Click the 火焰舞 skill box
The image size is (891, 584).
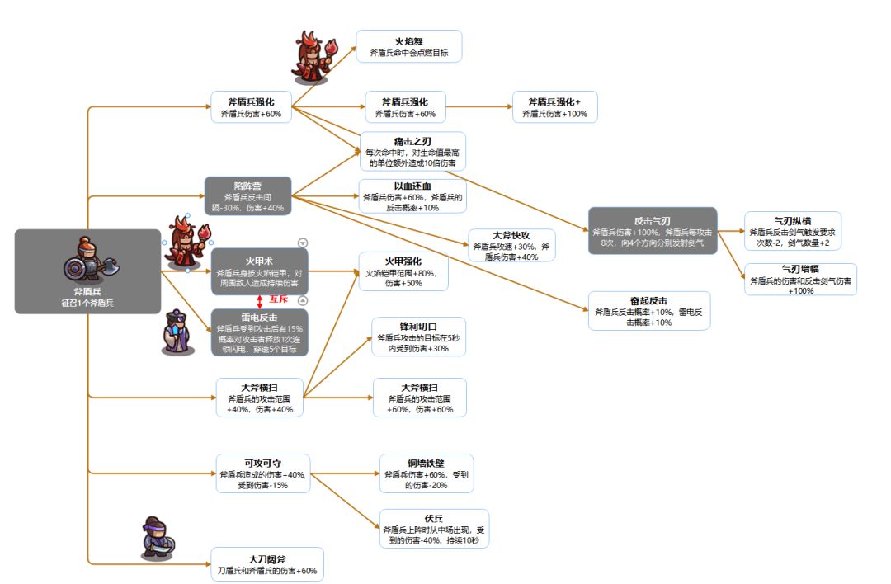[x=409, y=46]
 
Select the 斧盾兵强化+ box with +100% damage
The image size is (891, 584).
[x=554, y=106]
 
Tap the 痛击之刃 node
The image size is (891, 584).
[x=413, y=151]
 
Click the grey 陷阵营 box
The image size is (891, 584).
[x=247, y=196]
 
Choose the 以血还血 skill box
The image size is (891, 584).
[x=412, y=196]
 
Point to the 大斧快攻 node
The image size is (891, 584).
[x=511, y=246]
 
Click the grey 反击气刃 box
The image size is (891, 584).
[x=653, y=231]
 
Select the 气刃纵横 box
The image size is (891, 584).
[x=793, y=231]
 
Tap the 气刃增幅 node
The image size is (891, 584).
[x=800, y=279]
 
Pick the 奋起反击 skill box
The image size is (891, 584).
[x=649, y=311]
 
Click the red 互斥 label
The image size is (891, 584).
[x=279, y=299]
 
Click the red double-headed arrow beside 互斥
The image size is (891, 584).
[x=260, y=302]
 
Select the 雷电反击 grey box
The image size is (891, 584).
[x=260, y=333]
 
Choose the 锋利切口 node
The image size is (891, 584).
[x=419, y=337]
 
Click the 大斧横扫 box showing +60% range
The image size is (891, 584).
[x=420, y=398]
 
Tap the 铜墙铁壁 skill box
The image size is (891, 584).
[x=427, y=473]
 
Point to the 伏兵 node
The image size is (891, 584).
[x=434, y=529]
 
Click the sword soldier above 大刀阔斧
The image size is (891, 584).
[x=158, y=538]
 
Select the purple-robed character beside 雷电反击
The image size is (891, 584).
[x=178, y=332]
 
